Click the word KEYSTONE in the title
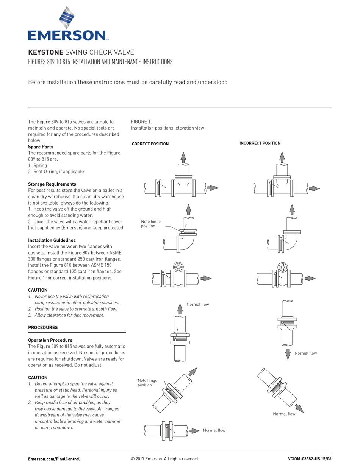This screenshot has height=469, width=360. pyautogui.click(x=45, y=52)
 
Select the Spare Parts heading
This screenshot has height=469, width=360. pyautogui.click(x=41, y=147)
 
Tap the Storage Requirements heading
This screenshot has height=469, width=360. pyautogui.click(x=52, y=184)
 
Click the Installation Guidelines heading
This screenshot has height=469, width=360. pyautogui.click(x=52, y=240)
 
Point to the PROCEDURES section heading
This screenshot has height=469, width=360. pyautogui.click(x=43, y=327)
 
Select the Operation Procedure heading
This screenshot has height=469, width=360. pyautogui.click(x=50, y=340)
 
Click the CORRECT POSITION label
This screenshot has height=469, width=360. pyautogui.click(x=150, y=144)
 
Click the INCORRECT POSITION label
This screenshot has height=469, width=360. pyautogui.click(x=260, y=143)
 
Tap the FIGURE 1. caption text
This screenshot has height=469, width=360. pyautogui.click(x=141, y=122)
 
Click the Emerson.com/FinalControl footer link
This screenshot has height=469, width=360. pyautogui.click(x=54, y=459)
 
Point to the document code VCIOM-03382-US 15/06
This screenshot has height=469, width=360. pyautogui.click(x=309, y=459)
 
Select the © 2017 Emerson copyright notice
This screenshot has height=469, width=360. pyautogui.click(x=164, y=459)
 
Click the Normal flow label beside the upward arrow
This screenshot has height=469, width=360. pyautogui.click(x=197, y=304)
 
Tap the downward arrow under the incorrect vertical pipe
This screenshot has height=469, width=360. pyautogui.click(x=288, y=354)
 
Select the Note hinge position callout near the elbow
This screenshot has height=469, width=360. pyautogui.click(x=150, y=224)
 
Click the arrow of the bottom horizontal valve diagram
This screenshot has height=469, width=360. pyautogui.click(x=194, y=431)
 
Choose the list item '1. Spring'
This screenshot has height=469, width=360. pyautogui.click(x=38, y=165)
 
